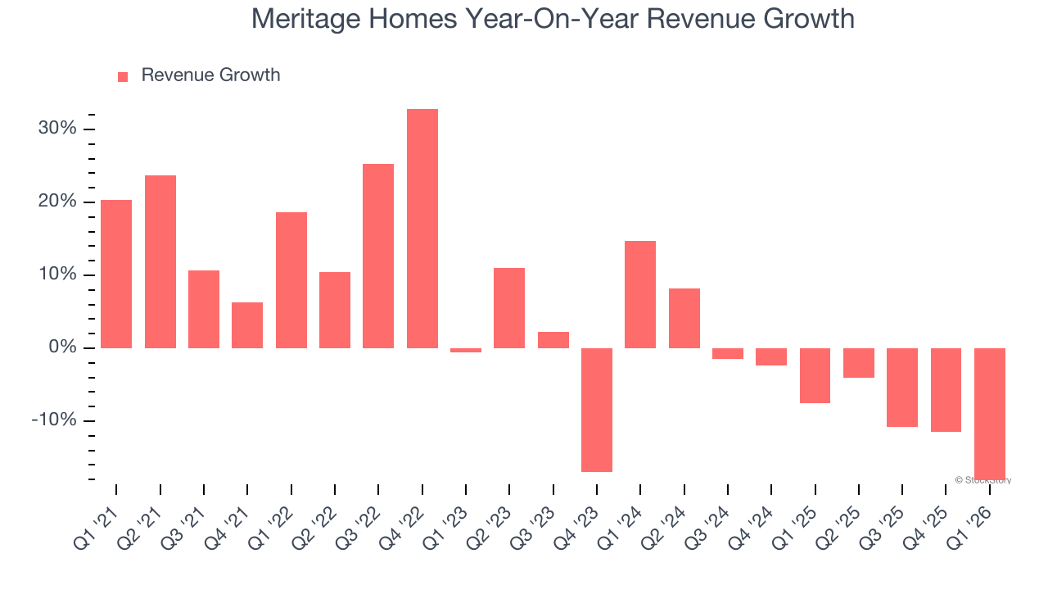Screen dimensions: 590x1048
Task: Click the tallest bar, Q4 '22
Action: coord(422,229)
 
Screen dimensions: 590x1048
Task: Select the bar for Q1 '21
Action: coord(116,274)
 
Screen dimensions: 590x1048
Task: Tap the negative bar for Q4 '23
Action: coord(597,410)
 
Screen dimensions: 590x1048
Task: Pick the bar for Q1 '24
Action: coord(640,294)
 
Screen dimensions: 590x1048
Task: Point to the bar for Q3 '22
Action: coord(378,256)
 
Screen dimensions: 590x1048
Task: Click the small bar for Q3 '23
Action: coord(553,340)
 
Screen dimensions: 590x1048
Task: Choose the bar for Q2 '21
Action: coord(160,261)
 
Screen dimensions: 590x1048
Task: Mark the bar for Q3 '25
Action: coord(902,387)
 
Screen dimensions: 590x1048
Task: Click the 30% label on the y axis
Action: coord(56,129)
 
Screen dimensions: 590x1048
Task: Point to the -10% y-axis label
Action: coord(53,420)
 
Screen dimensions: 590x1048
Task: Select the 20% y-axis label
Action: coord(56,202)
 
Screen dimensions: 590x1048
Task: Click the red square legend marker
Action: coord(123,76)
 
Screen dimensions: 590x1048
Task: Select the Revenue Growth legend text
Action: coord(210,75)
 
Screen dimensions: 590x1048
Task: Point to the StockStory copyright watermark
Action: coord(983,480)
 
